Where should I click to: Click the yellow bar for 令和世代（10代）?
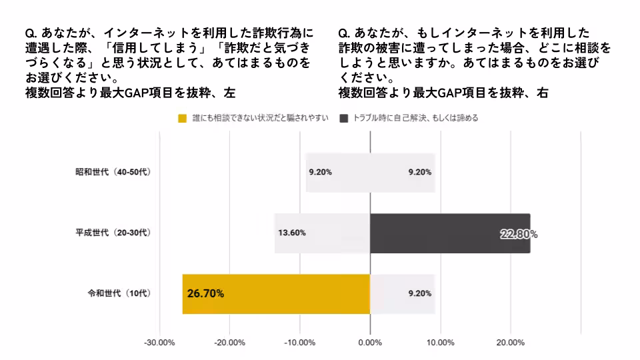point(275,293)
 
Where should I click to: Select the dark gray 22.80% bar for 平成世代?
point(450,233)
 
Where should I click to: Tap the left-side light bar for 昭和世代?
point(337,173)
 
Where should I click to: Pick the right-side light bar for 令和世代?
point(403,293)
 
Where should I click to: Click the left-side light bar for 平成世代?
point(322,233)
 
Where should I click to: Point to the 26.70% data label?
point(205,293)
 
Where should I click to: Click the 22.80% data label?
point(519,234)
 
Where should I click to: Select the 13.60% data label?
point(291,233)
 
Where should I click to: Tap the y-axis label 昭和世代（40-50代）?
point(113,172)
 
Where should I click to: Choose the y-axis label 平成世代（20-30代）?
point(113,233)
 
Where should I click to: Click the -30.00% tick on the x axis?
point(159,343)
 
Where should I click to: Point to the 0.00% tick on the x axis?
point(370,343)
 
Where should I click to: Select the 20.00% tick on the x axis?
point(511,343)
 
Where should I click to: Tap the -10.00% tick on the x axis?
point(300,343)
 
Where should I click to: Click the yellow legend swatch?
point(183,119)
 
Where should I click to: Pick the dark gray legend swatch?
point(344,119)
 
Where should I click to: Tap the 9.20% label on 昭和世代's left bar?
point(320,172)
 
